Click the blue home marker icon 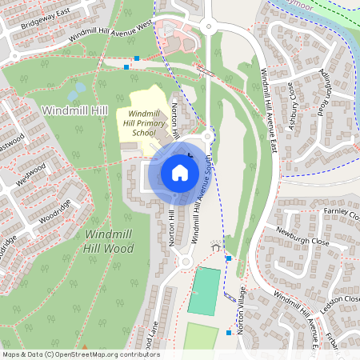179,172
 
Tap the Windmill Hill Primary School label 145,124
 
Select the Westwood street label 30,173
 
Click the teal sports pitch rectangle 204,291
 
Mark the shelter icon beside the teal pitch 215,247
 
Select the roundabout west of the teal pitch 185,261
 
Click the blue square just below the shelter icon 229,258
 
